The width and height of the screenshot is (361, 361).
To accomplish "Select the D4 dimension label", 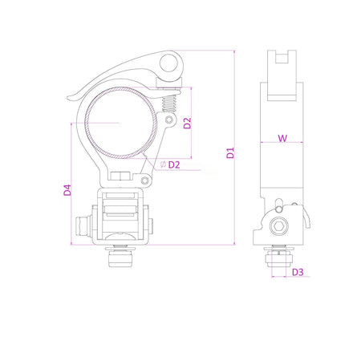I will [68, 190].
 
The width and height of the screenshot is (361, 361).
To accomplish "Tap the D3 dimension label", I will [298, 272].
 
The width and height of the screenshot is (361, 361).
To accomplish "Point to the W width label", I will [282, 138].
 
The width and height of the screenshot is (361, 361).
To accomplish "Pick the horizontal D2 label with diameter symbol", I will [173, 164].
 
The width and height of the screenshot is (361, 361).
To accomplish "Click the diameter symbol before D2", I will [163, 164].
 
